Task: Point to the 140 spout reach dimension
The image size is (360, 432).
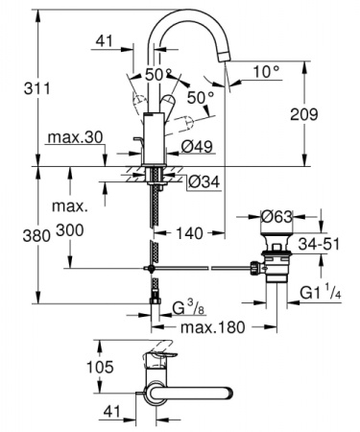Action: (190, 232)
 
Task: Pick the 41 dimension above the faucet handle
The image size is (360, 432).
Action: (106, 41)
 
